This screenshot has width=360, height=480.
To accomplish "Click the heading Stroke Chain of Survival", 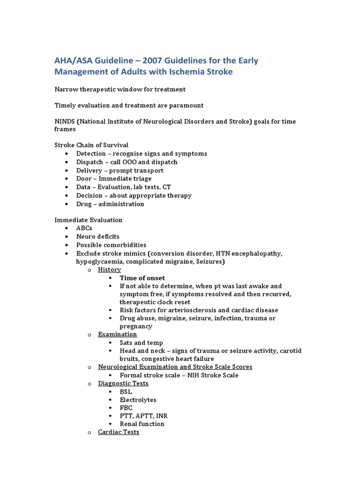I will pyautogui.click(x=91, y=145).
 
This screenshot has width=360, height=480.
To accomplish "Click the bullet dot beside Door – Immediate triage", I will pyautogui.click(x=68, y=179).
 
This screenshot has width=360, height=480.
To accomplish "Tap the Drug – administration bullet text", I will pyautogui.click(x=110, y=204).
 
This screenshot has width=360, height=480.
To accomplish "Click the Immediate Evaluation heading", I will pyautogui.click(x=89, y=220).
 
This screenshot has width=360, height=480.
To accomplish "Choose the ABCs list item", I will pyautogui.click(x=84, y=228).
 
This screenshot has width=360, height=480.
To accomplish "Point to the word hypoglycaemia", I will pyautogui.click(x=98, y=262).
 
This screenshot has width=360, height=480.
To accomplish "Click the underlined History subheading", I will pyautogui.click(x=109, y=270).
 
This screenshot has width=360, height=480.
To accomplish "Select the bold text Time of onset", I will pyautogui.click(x=142, y=278).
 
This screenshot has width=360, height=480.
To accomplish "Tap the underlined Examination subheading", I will pyautogui.click(x=117, y=334).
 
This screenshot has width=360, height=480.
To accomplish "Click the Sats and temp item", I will pyautogui.click(x=141, y=343).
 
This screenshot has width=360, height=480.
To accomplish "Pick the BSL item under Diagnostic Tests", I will pyautogui.click(x=126, y=391).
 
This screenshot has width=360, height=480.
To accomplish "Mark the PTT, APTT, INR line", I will pyautogui.click(x=143, y=416).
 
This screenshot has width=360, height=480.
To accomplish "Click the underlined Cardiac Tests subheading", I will pyautogui.click(x=119, y=432).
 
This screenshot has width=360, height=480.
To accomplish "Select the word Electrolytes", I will pyautogui.click(x=138, y=400).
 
